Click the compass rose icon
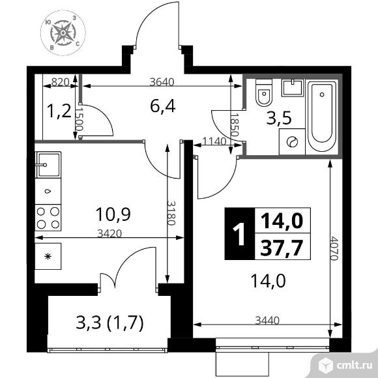[63, 33]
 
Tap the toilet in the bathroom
[264, 93]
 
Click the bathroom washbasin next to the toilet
[293, 88]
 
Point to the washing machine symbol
[292, 142]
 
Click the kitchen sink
[48, 165]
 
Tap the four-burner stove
[48, 218]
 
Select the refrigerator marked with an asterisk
[48, 256]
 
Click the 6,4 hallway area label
[162, 106]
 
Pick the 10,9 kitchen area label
[113, 214]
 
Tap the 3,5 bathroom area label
[279, 118]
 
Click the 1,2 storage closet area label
[59, 111]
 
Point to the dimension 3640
[162, 82]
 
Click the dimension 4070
[334, 248]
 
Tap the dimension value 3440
[267, 321]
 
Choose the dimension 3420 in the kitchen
[109, 233]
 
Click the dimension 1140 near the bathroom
[214, 141]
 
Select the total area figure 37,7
[282, 248]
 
